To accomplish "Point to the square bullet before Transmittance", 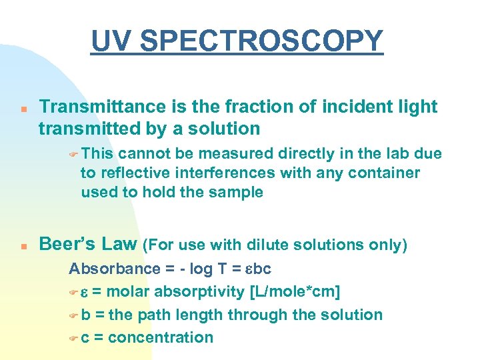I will coord(23,108).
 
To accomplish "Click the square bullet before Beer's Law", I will coord(23,245).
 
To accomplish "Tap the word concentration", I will coord(160,337).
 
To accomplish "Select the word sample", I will coord(235,193).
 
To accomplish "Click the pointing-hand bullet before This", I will coord(74,154).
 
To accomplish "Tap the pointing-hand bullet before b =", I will coord(74,315).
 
